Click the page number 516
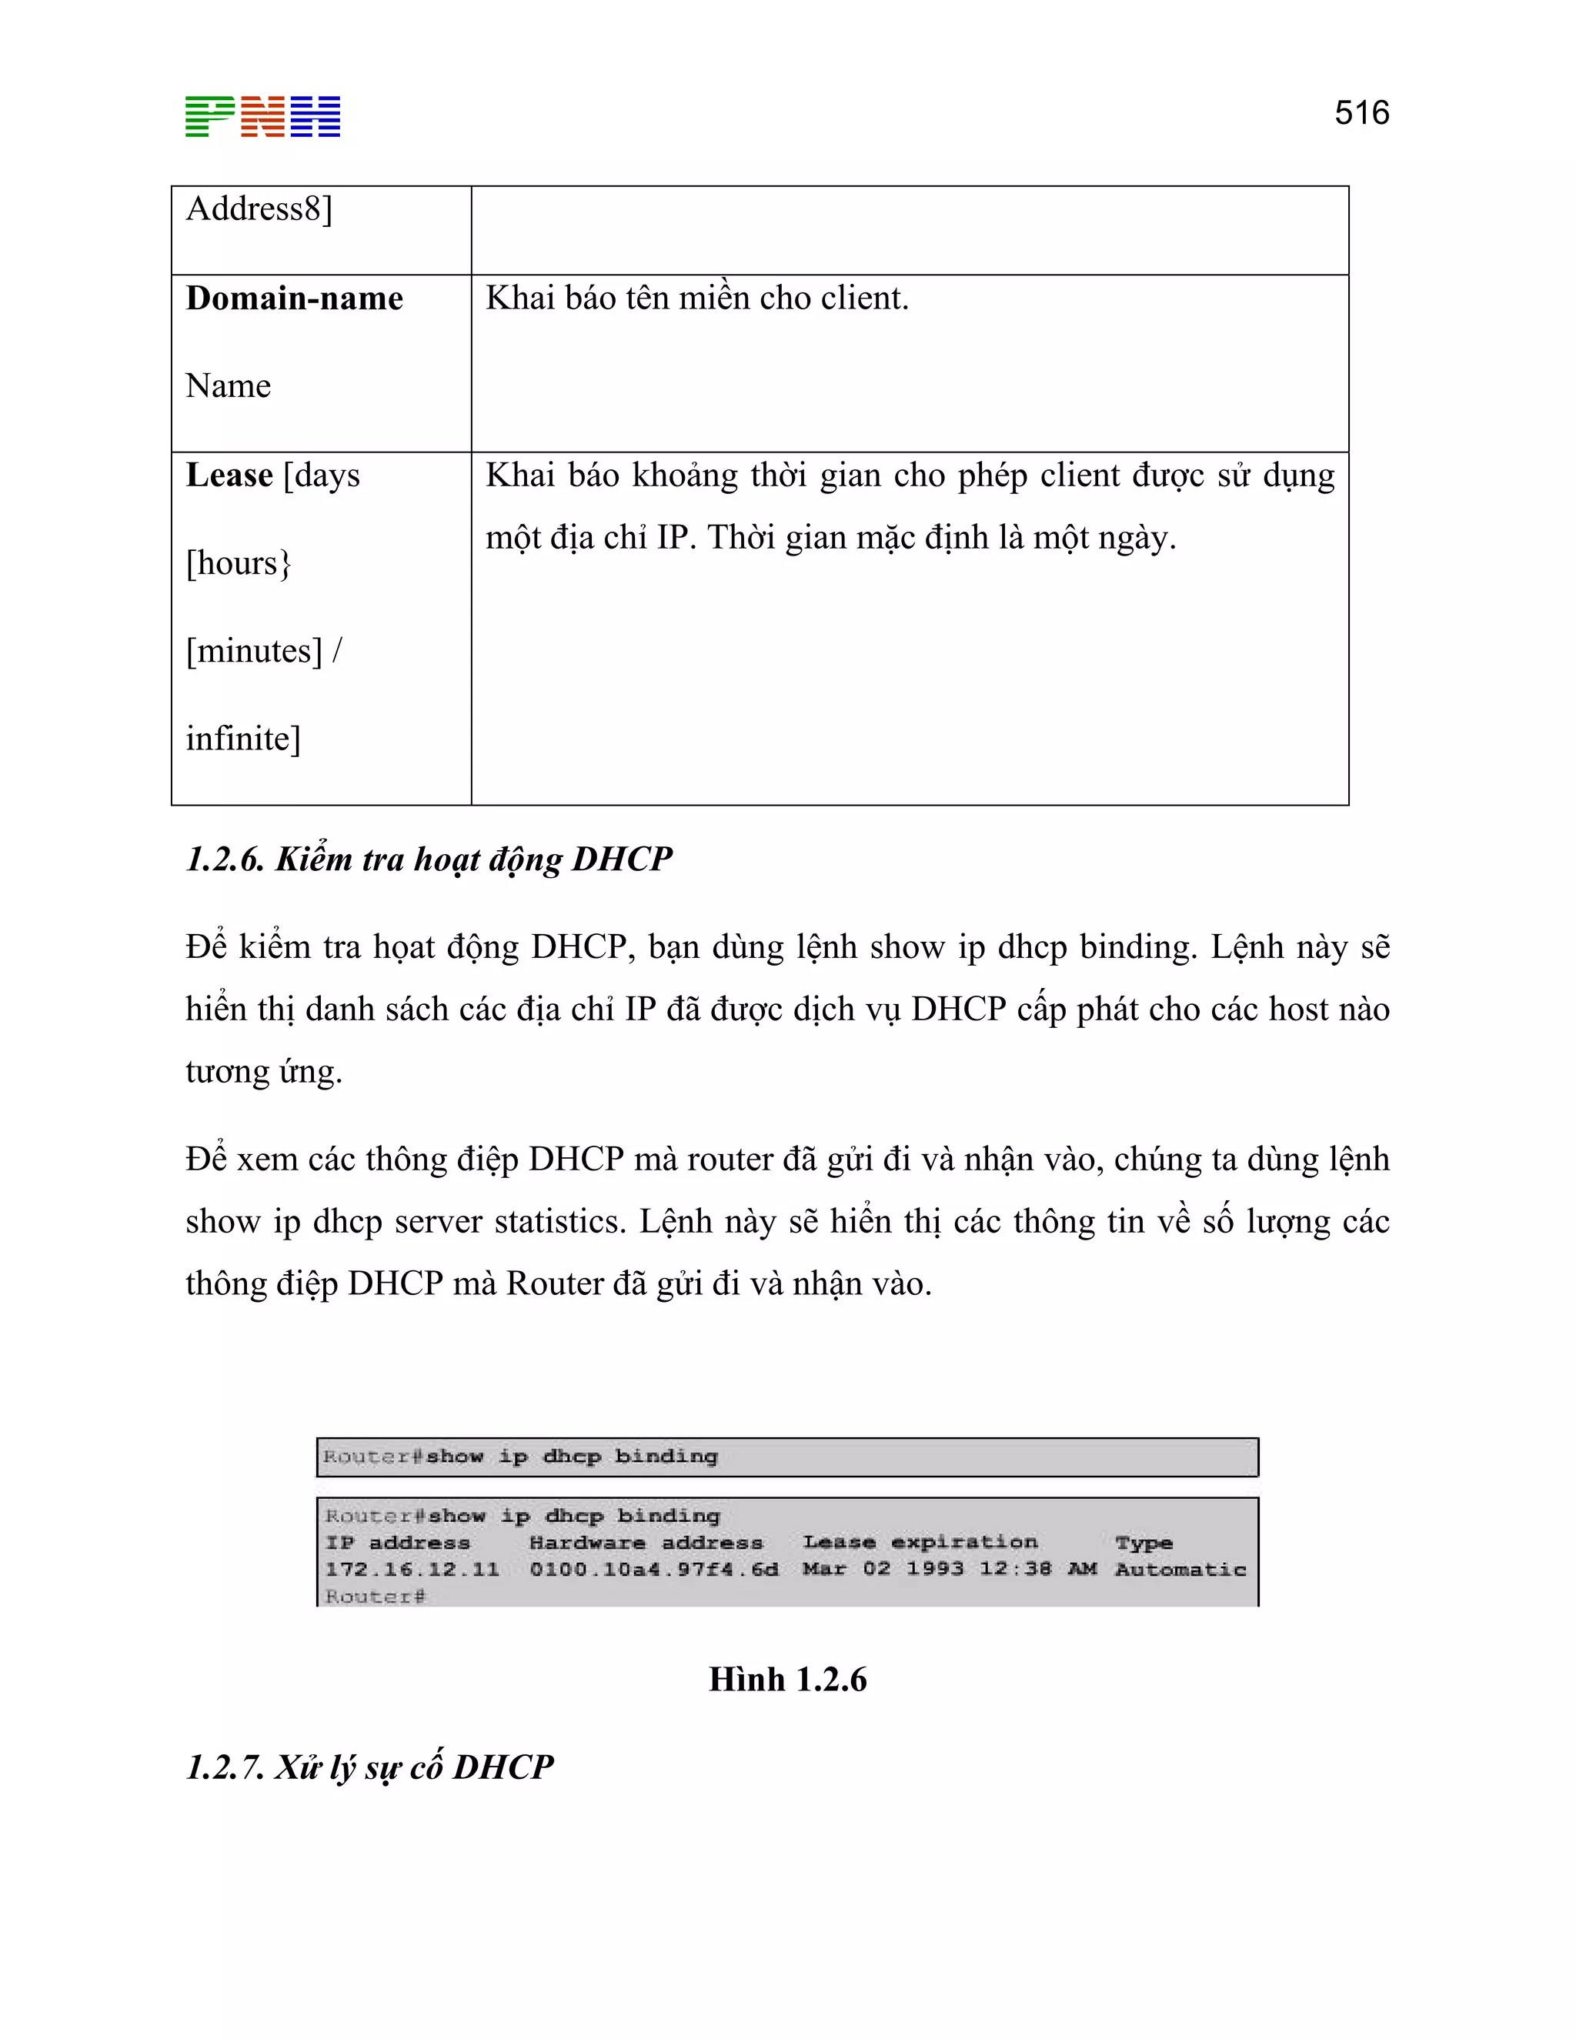[1361, 113]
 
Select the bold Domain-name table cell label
[294, 299]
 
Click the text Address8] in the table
[259, 209]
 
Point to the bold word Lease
[229, 476]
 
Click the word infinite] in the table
[242, 739]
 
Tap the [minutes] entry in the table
[253, 651]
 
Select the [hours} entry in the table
[238, 563]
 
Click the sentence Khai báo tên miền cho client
[696, 299]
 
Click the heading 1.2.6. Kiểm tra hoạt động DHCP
[429, 859]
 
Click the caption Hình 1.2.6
[787, 1680]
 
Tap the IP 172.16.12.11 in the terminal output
[412, 1570]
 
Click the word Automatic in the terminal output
[1180, 1570]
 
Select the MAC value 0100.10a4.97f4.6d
[653, 1570]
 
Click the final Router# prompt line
[375, 1597]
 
